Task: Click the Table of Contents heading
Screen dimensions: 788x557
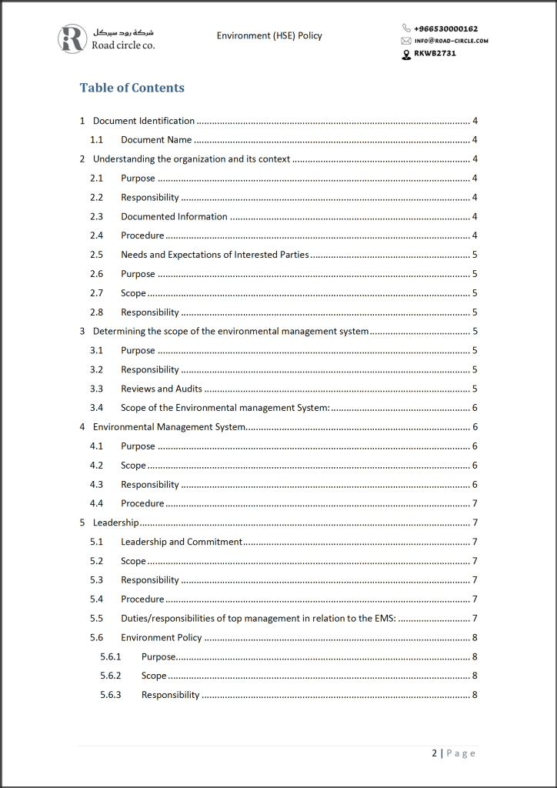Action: coord(132,88)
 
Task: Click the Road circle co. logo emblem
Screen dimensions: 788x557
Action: coord(72,38)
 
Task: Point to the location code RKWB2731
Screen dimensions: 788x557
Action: coord(435,54)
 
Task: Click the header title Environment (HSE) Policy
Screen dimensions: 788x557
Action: coord(269,35)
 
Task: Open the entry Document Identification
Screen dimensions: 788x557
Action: coord(144,121)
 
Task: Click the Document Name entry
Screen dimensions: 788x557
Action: coord(156,140)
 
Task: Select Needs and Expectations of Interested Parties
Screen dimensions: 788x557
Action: coord(215,255)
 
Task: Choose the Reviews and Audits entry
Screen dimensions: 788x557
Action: coord(162,389)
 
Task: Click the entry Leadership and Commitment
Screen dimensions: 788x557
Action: coord(182,542)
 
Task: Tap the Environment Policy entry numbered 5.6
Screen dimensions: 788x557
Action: coord(162,637)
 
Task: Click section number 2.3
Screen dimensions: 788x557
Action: coord(96,216)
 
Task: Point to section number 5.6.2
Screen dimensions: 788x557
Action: coord(111,676)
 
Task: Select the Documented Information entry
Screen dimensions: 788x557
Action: coord(174,216)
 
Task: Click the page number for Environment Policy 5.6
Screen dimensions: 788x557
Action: coord(475,637)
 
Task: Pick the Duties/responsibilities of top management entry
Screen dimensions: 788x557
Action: coord(258,618)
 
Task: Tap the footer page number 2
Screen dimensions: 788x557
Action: coord(435,753)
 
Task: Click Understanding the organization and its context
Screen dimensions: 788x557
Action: coord(192,159)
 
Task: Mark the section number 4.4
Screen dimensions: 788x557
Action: coord(96,503)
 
